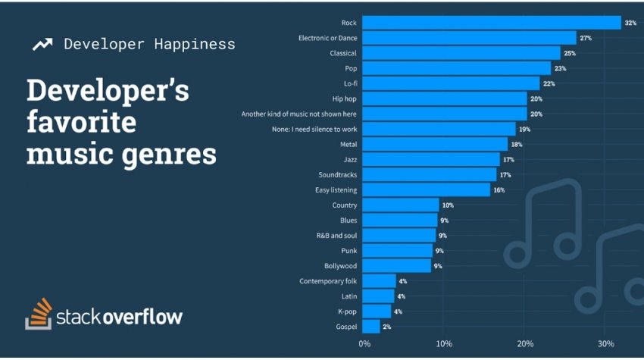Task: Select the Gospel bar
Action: (x=371, y=326)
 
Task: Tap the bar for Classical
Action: (x=461, y=53)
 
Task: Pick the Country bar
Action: (x=401, y=205)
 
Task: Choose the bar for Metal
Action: (x=436, y=144)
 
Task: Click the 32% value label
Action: (x=630, y=23)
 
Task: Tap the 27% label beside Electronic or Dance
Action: (x=586, y=39)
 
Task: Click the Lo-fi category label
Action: (x=349, y=84)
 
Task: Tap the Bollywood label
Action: (x=340, y=266)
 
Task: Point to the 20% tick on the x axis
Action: (x=524, y=345)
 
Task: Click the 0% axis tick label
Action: (x=364, y=345)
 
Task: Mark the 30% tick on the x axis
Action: (x=605, y=345)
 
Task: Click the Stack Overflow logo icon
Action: (x=39, y=313)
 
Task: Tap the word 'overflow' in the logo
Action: (x=142, y=316)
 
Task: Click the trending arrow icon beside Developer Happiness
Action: (x=42, y=44)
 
